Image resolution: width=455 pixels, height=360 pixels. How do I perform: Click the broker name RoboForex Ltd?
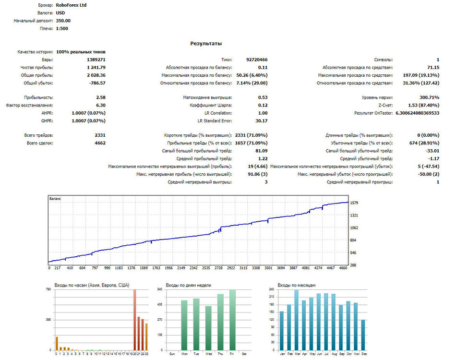tap(71, 5)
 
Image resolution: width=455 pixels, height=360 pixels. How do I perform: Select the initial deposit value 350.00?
tap(63, 21)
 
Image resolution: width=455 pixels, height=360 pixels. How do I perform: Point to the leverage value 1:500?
tap(62, 28)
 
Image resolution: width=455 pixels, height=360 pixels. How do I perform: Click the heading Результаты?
tap(206, 44)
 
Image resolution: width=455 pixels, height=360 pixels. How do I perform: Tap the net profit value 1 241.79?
tap(96, 67)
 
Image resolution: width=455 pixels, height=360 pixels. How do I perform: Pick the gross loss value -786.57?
tap(97, 83)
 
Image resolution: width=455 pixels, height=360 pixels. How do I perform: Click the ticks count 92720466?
tap(257, 60)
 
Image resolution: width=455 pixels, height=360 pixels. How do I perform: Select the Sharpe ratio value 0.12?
tap(263, 105)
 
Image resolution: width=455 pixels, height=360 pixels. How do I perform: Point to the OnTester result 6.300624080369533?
tap(417, 113)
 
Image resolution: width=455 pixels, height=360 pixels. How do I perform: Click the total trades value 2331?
tap(100, 135)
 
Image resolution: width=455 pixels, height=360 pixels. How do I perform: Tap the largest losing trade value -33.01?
tap(432, 151)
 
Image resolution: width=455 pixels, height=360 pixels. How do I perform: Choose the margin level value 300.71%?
tap(430, 97)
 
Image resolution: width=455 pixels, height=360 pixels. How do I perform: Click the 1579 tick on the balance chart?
tap(354, 203)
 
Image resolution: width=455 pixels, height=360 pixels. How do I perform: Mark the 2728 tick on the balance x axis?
tap(218, 268)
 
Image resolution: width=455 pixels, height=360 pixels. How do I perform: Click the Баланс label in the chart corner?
tap(55, 199)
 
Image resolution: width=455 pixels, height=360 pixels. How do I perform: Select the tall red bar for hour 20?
tap(135, 320)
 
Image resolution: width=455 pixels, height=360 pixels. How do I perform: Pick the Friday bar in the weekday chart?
tap(232, 320)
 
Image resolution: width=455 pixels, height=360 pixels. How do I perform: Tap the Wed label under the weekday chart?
tap(209, 354)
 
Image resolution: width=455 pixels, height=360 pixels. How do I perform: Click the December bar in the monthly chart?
tap(363, 335)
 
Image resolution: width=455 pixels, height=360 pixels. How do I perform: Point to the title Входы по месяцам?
tap(297, 285)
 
